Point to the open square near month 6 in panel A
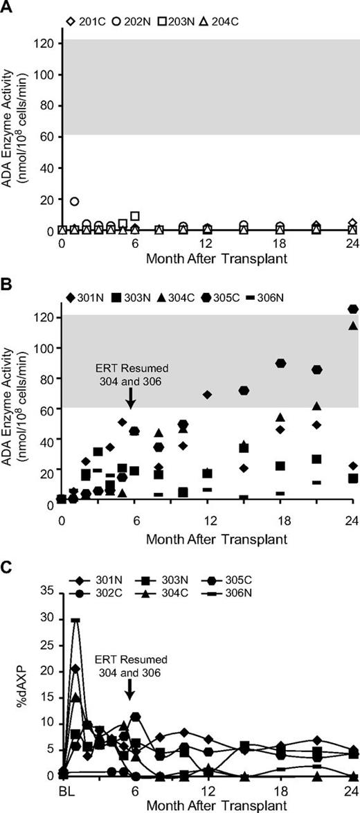coord(135,216)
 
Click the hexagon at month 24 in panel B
coord(353,309)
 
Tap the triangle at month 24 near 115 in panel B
coord(353,325)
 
